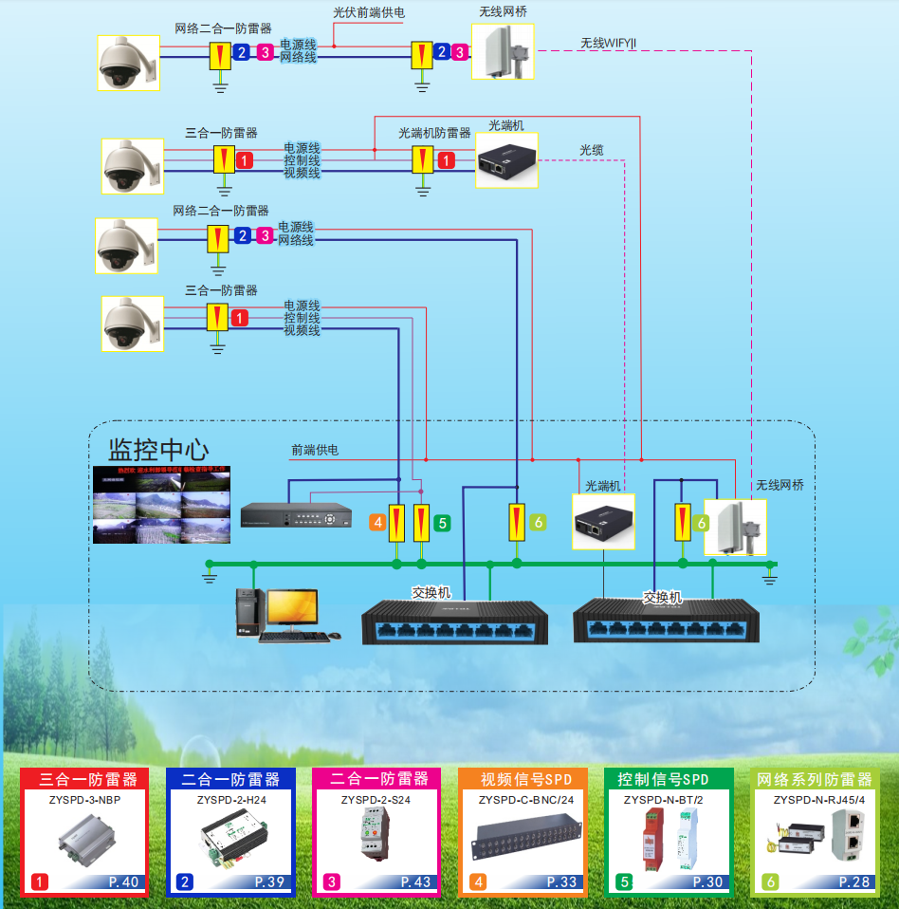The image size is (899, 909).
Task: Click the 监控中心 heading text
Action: coord(158,448)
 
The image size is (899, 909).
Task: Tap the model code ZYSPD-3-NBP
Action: coord(84,800)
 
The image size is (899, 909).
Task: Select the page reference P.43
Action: coord(415,881)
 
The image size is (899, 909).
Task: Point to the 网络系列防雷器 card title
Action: coord(814,779)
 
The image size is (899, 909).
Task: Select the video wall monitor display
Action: coord(161,504)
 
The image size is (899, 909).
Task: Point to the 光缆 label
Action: coord(592,151)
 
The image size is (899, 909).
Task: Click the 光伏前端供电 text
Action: coord(369,13)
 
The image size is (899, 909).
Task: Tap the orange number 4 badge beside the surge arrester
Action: coord(377,522)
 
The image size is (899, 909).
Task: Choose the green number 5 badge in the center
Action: coord(442,522)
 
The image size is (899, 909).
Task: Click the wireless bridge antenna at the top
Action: coord(503,51)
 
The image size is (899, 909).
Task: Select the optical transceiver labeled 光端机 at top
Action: coord(506,160)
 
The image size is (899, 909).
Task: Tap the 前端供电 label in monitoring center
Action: coord(314,450)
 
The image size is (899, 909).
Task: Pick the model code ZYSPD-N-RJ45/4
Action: coord(813,800)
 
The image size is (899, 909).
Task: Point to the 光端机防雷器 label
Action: coord(434,133)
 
